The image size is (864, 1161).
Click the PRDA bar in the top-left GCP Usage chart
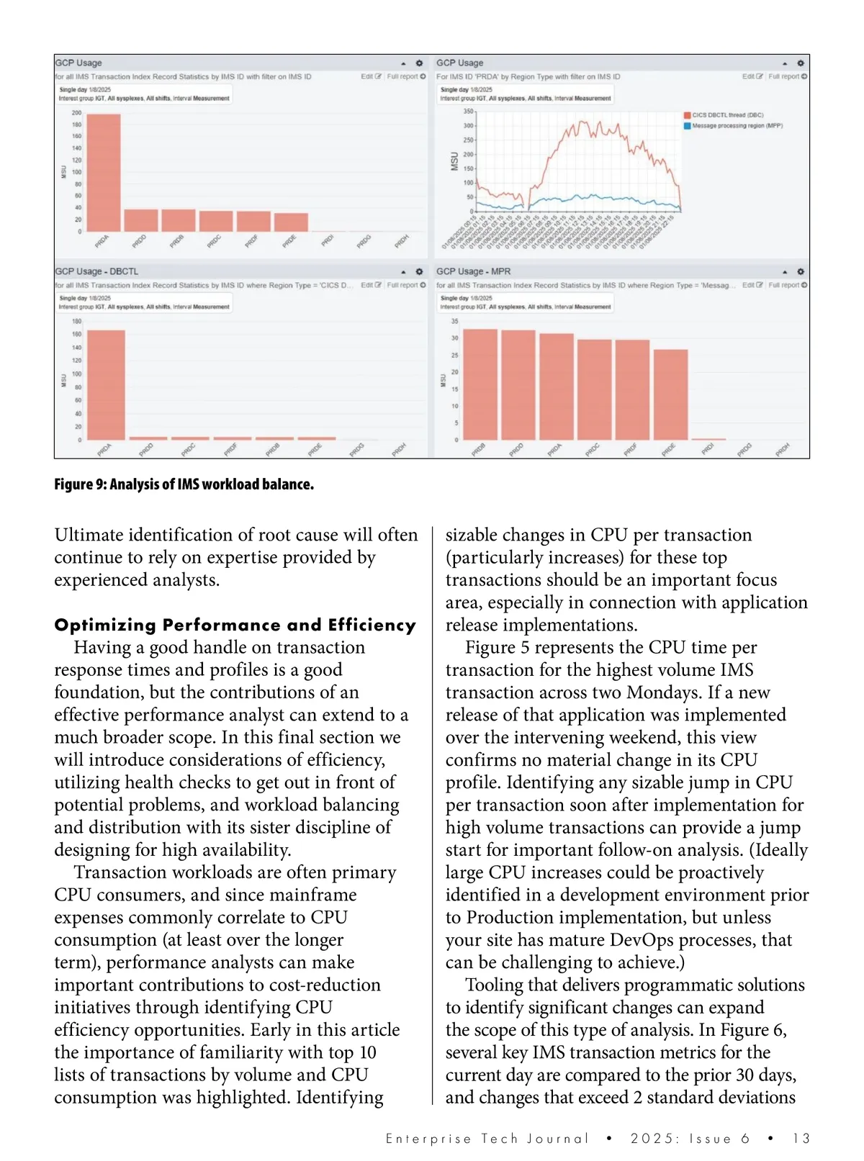click(103, 173)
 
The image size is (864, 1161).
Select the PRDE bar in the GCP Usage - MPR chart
click(670, 394)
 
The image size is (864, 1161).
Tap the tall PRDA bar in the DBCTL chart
click(107, 385)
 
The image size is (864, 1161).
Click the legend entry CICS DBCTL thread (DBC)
click(727, 115)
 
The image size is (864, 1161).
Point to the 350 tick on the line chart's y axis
click(468, 112)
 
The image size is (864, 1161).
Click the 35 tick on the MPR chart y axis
click(454, 321)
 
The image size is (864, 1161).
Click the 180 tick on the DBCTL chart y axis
click(76, 321)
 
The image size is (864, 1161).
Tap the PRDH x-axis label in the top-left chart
click(402, 241)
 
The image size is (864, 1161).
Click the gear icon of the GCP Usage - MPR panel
click(800, 272)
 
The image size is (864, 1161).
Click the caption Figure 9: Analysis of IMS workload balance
click(184, 484)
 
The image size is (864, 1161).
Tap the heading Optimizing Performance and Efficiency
click(235, 625)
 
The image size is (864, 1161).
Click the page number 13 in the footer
click(801, 1139)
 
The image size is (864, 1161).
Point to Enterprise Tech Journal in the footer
click(487, 1139)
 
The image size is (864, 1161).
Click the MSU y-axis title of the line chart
click(454, 161)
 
